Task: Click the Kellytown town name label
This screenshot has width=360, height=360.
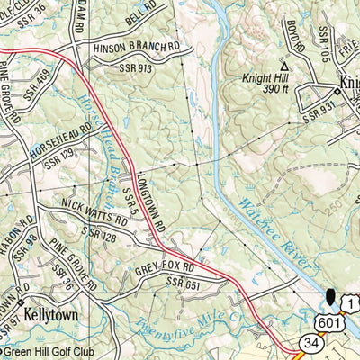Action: click(51, 317)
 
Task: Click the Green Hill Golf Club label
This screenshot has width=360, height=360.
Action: click(45, 351)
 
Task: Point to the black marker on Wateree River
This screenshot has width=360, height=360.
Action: click(330, 297)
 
